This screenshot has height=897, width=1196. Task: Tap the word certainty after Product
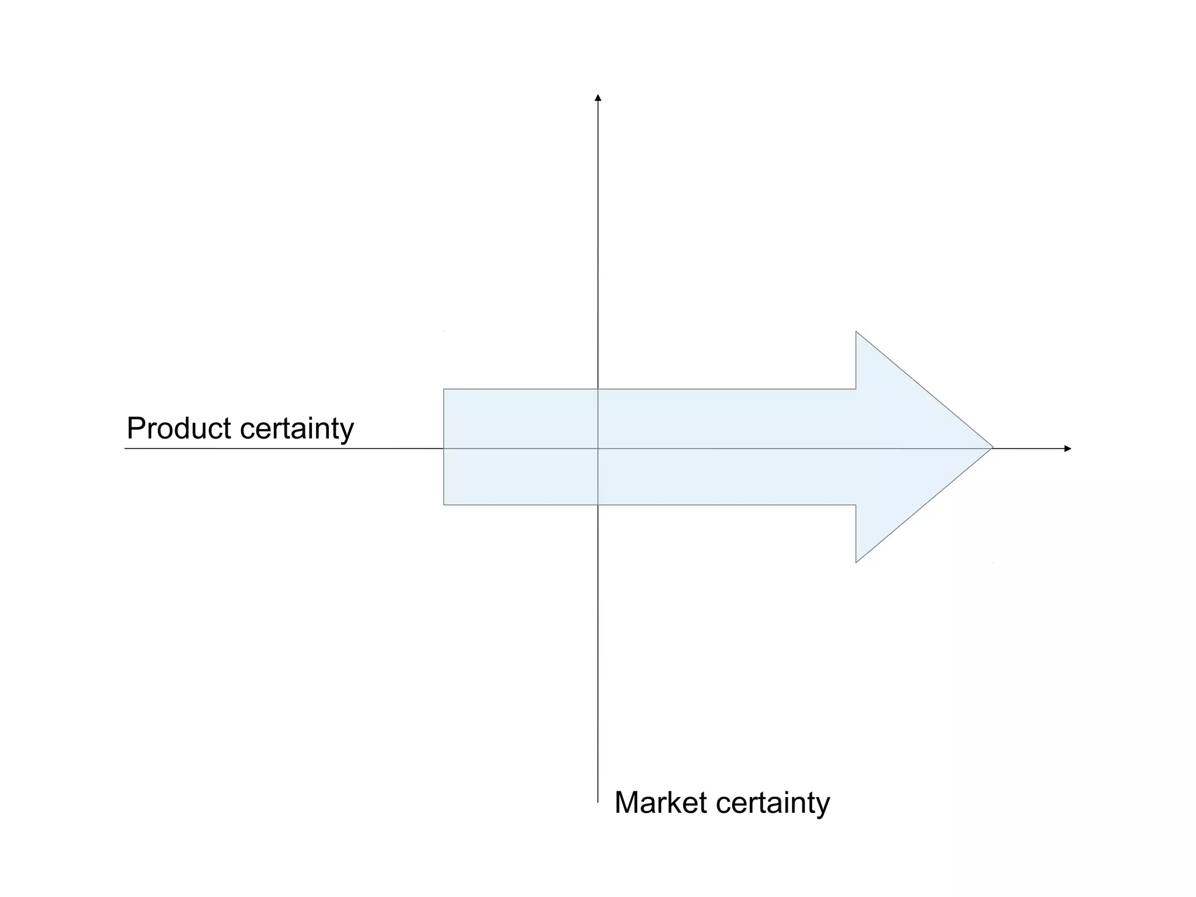pyautogui.click(x=297, y=429)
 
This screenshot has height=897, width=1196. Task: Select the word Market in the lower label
pyautogui.click(x=660, y=802)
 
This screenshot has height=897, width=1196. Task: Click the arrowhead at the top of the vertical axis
pyautogui.click(x=598, y=98)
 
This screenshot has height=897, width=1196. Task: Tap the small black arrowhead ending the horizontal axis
pyautogui.click(x=1068, y=448)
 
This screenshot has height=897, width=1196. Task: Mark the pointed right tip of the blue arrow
pyautogui.click(x=992, y=448)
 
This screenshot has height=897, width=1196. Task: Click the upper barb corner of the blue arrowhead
pyautogui.click(x=856, y=332)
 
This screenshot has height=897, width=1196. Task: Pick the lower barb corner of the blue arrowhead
pyautogui.click(x=856, y=562)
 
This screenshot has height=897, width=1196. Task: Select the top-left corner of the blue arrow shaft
pyautogui.click(x=444, y=389)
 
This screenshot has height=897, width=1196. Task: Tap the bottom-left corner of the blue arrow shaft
pyautogui.click(x=444, y=505)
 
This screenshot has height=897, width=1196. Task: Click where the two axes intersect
pyautogui.click(x=598, y=448)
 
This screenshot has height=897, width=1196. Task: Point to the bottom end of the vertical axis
pyautogui.click(x=598, y=802)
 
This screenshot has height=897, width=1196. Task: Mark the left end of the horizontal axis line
pyautogui.click(x=126, y=448)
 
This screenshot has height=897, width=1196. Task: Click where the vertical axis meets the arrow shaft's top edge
pyautogui.click(x=598, y=389)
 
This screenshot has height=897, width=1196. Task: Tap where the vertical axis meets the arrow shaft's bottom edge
pyautogui.click(x=598, y=505)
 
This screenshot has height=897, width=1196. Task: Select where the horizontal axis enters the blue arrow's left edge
pyautogui.click(x=444, y=448)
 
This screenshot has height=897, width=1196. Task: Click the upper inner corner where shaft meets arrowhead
pyautogui.click(x=856, y=389)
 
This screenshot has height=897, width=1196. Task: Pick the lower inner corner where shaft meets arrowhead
pyautogui.click(x=856, y=505)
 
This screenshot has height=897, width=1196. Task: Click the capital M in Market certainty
pyautogui.click(x=627, y=802)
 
